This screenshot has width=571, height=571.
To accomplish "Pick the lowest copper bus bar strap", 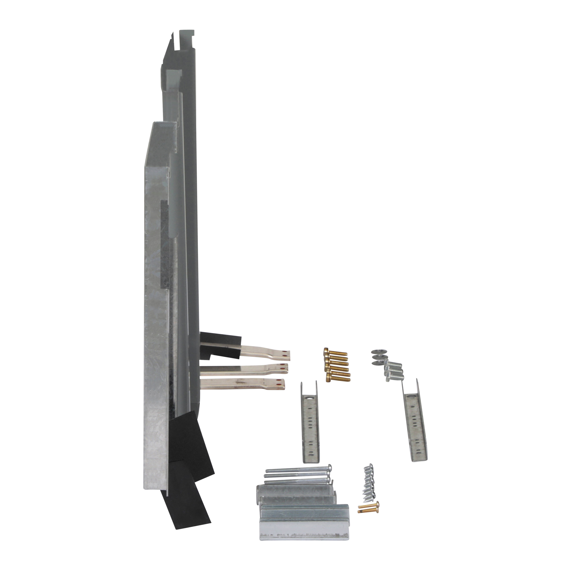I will tap(242, 384).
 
